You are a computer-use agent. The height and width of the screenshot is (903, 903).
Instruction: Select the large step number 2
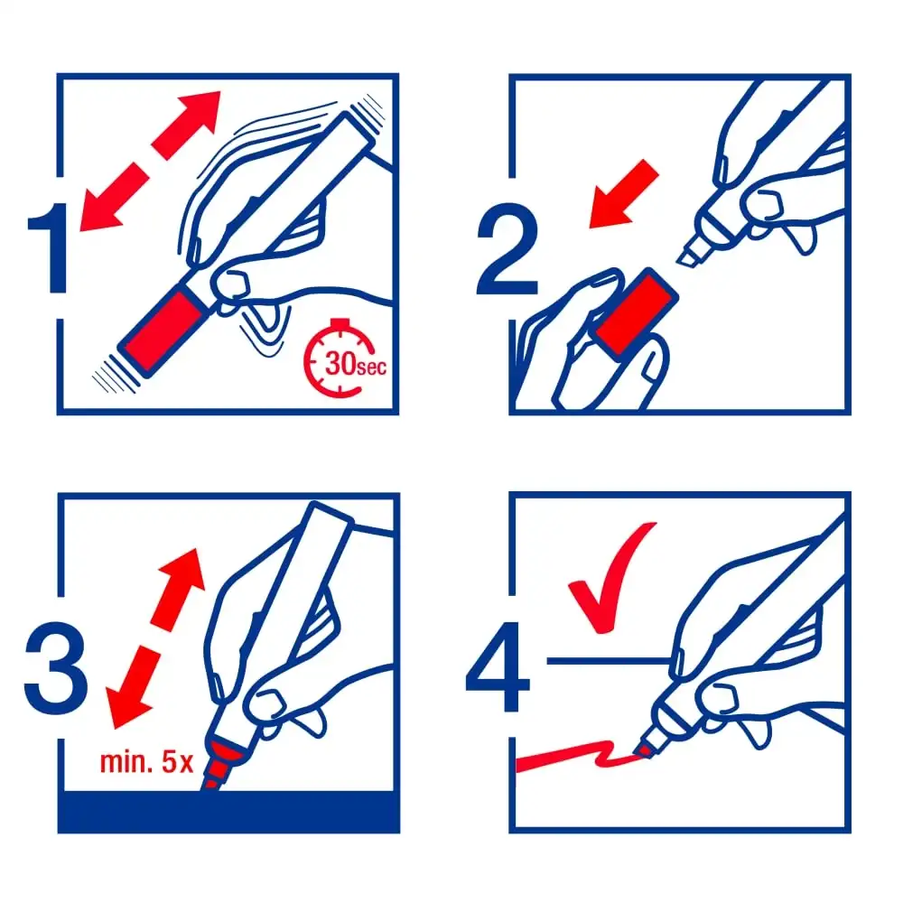click(507, 249)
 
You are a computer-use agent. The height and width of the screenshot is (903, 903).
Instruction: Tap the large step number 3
click(56, 668)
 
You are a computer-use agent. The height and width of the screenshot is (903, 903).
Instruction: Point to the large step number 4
click(498, 667)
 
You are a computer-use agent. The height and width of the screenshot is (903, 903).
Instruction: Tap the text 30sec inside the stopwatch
click(355, 364)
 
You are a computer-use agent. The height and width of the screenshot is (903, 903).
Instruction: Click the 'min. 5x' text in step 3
click(146, 762)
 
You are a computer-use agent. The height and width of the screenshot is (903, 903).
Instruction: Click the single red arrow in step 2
click(623, 194)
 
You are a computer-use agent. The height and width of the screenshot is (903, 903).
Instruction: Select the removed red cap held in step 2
click(635, 314)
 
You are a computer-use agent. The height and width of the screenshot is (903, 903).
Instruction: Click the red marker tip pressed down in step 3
click(217, 766)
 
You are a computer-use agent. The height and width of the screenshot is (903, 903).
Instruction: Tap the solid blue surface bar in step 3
click(228, 812)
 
